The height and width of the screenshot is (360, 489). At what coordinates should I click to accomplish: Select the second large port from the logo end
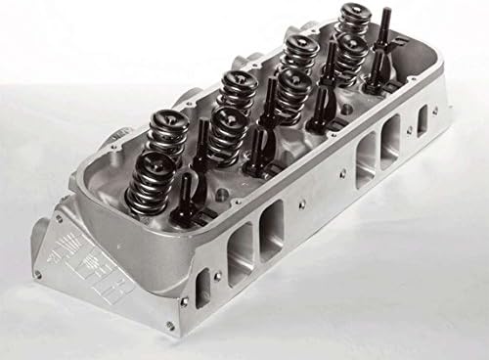[271, 225]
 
